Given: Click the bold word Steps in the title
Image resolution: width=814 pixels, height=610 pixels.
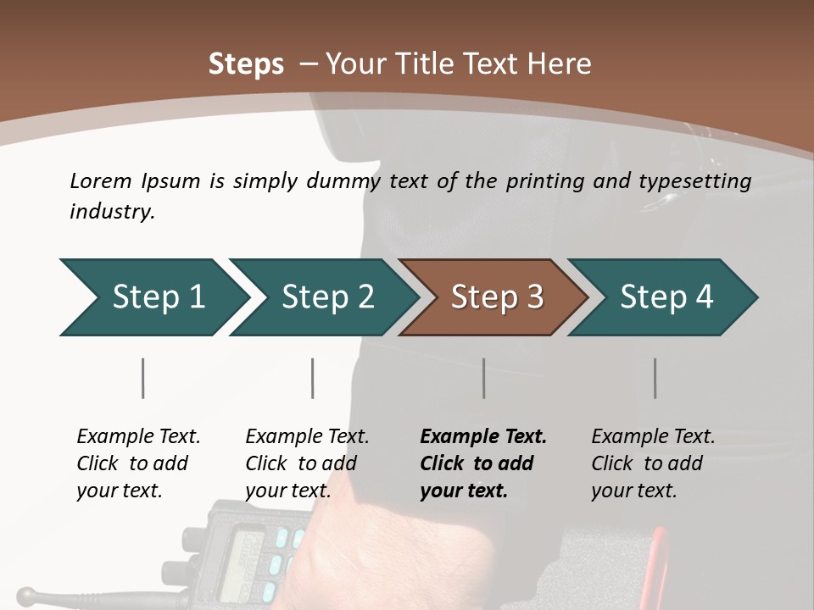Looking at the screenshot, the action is point(246,64).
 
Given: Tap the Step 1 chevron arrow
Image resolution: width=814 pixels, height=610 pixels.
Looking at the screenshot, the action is point(155,297).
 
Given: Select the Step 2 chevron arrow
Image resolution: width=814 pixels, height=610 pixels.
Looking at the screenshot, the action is point(325,297).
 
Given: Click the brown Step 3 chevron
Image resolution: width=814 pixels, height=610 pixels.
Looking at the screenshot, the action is point(493,297).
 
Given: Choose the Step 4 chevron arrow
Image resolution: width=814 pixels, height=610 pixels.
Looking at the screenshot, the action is point(663,297).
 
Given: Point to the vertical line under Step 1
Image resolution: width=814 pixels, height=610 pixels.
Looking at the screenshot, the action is point(142,378).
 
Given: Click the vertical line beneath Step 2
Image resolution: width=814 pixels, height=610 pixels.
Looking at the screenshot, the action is point(313,378).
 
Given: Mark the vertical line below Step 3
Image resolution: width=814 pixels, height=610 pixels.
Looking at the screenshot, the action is point(484,378).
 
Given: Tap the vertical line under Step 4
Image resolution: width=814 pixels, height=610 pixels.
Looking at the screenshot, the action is point(655,378).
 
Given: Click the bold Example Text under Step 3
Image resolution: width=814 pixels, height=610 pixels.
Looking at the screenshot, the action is point(483,436).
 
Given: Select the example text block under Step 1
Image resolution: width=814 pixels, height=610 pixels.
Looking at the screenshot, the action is point(138,463).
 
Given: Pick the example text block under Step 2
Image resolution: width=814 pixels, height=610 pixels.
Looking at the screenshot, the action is point(307,463).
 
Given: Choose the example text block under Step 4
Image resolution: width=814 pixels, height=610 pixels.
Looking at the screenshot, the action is point(653,463).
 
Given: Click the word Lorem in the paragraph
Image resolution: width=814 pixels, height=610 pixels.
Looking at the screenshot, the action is point(101,181).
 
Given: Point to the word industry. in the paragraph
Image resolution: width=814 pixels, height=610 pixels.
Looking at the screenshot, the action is point(113,211).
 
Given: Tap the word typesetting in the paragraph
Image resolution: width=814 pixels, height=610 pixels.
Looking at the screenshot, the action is point(695,182).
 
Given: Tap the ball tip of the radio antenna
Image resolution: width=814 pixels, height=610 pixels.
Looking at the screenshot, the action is point(26,596).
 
